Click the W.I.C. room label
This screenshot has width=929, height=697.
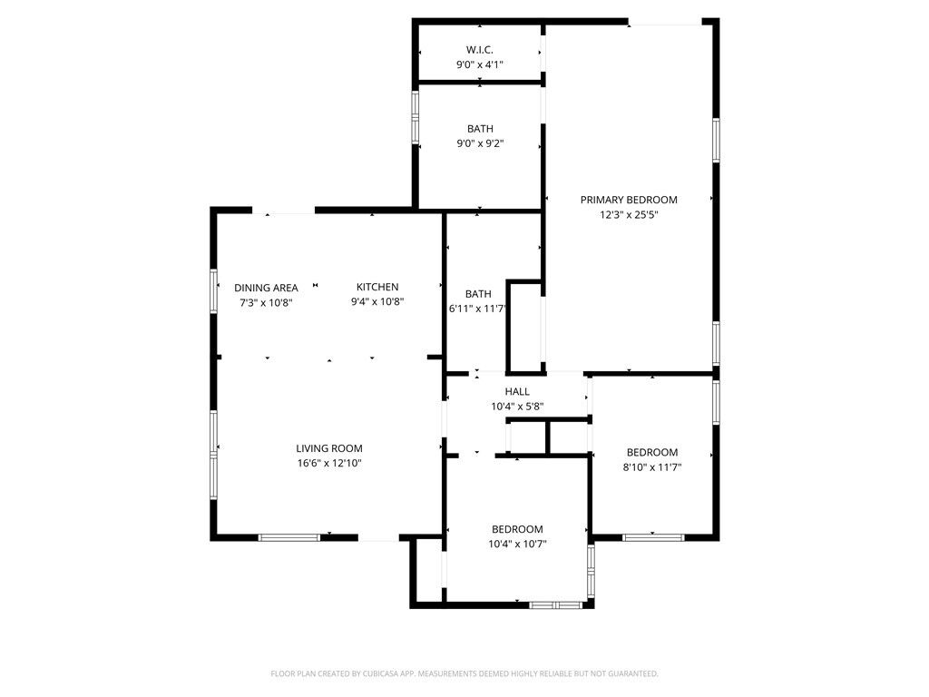(479, 49)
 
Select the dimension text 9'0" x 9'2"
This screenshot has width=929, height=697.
(479, 143)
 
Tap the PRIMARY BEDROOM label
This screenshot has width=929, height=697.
(629, 200)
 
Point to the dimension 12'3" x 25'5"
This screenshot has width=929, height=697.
(629, 215)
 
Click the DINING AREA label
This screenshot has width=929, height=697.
(266, 288)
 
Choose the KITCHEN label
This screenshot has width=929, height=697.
(377, 288)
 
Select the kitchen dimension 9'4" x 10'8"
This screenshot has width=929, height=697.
(377, 302)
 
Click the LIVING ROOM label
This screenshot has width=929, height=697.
(329, 448)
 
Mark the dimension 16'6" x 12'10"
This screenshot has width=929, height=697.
(329, 463)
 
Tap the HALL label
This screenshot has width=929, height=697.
(517, 392)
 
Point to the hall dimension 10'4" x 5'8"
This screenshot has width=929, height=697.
(517, 407)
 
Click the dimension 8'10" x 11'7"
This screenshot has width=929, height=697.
(652, 467)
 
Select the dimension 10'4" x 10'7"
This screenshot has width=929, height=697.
(517, 545)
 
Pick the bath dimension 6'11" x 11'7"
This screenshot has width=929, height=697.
(477, 309)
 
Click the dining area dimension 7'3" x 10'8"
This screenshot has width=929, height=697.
(266, 302)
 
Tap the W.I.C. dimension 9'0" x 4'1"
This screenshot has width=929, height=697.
(479, 64)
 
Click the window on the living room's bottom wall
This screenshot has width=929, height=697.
(289, 537)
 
